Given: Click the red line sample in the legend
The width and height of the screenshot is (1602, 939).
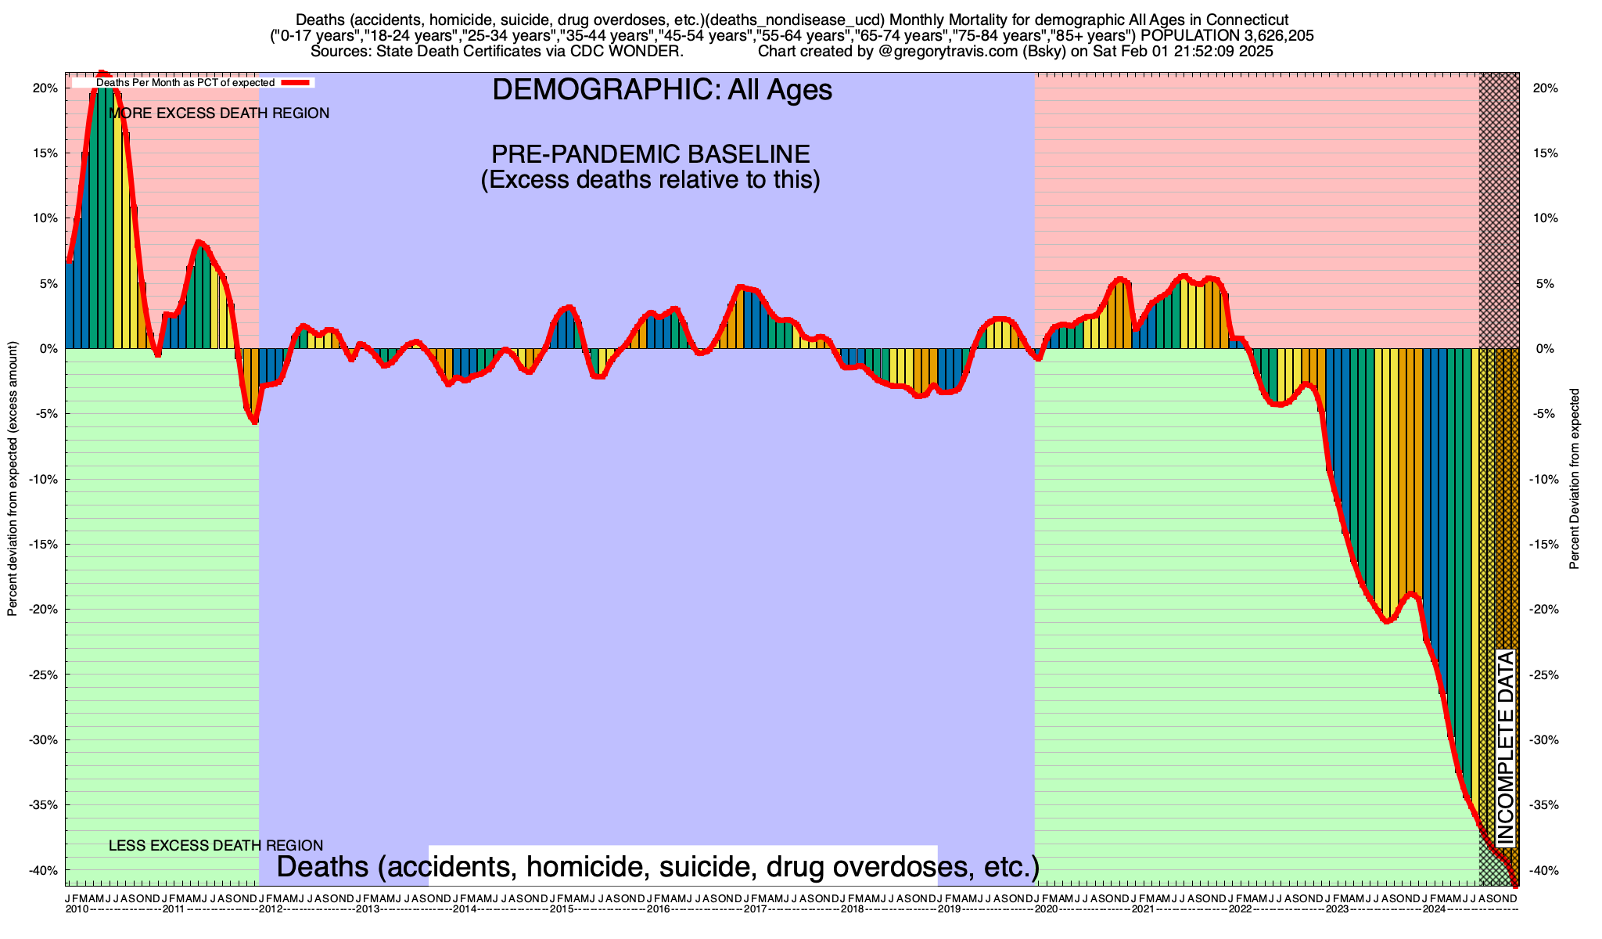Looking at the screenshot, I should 297,82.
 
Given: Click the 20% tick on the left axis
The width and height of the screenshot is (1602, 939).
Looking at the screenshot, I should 45,88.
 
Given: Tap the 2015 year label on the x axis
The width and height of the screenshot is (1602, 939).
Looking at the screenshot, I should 562,909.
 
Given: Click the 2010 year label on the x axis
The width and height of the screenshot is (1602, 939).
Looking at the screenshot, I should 77,909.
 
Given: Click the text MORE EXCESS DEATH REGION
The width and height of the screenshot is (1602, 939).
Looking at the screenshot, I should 219,113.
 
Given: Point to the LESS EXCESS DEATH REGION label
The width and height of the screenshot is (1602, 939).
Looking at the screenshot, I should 215,845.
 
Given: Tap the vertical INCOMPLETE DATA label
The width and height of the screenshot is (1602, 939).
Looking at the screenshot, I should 1506,747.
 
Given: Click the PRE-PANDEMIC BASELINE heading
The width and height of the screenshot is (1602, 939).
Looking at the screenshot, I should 650,153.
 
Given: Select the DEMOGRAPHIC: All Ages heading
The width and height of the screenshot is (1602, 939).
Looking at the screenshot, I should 662,90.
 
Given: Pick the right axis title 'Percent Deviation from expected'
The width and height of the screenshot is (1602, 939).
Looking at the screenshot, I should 1575,479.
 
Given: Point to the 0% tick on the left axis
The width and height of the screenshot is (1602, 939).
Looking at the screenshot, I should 48,349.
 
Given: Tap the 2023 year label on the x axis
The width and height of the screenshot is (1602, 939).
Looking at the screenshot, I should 1337,909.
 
